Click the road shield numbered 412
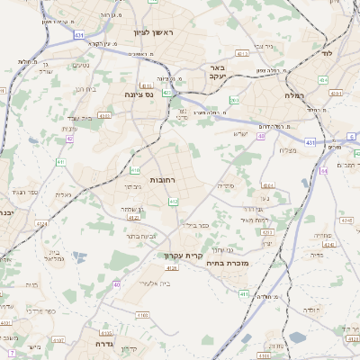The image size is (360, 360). pyautogui.click(x=174, y=202)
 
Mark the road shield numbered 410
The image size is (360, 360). pyautogui.click(x=135, y=169)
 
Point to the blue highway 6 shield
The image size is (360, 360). pyautogui.click(x=350, y=136)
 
